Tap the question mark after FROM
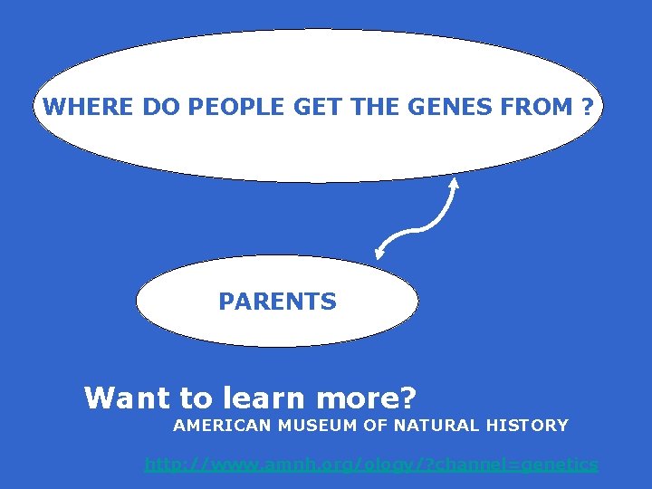click(x=589, y=108)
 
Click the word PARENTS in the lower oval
click(x=277, y=302)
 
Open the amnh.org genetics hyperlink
click(x=371, y=465)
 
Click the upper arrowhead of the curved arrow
click(x=454, y=184)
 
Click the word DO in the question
click(x=158, y=108)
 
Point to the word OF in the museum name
click(x=379, y=425)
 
